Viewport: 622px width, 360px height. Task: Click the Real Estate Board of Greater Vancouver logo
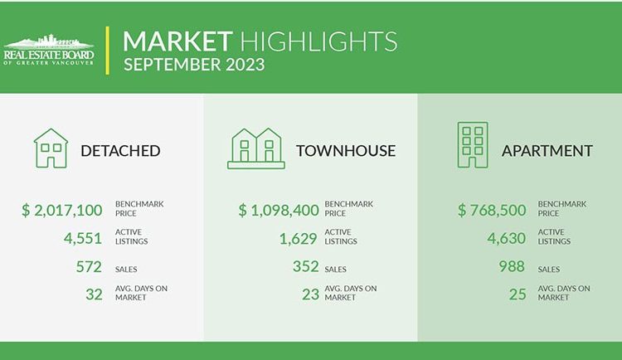(49, 50)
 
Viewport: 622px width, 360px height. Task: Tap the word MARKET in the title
(177, 41)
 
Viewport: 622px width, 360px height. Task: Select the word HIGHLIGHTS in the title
(318, 41)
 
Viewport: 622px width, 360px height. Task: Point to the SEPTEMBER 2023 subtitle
(194, 65)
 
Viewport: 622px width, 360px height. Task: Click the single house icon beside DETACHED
(51, 148)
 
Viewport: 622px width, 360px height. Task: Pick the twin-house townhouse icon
(256, 148)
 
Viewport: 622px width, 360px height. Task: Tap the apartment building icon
(473, 145)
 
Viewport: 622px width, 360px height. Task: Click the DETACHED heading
(120, 151)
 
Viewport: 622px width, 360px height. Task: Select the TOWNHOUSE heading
(346, 151)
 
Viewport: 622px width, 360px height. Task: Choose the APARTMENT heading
(547, 151)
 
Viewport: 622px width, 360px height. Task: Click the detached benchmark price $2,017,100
(62, 210)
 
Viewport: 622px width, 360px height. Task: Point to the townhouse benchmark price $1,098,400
(279, 210)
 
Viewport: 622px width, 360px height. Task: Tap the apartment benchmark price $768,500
(492, 210)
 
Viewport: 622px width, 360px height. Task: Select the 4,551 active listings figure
(83, 238)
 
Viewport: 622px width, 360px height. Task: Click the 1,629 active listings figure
(299, 238)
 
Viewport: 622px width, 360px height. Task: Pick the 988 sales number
(512, 266)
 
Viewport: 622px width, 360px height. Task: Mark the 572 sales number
(89, 266)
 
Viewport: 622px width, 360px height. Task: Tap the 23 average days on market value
(310, 294)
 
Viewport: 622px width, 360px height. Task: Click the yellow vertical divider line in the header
(107, 51)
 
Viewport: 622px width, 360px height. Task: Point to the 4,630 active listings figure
(507, 238)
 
